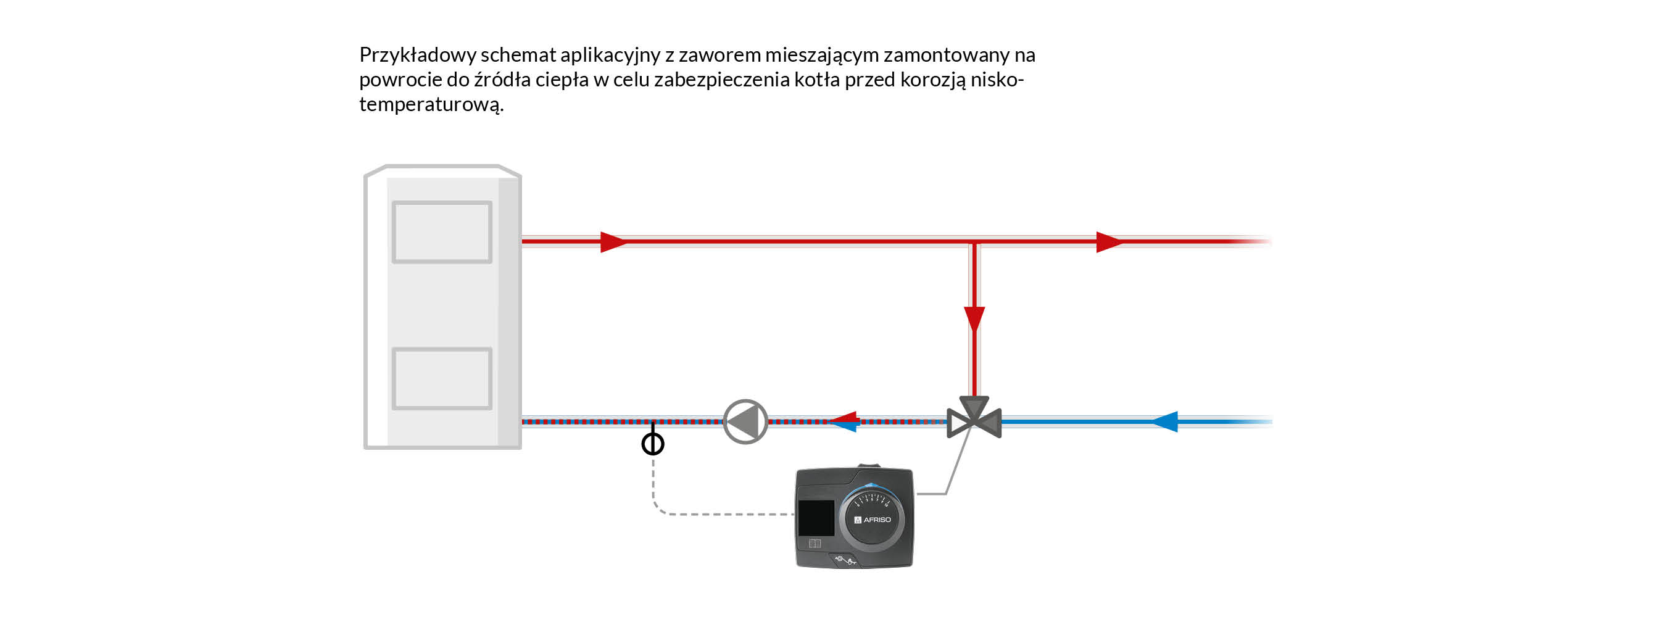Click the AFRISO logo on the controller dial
pos(873,520)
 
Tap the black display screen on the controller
pos(816,518)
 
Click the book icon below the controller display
pos(815,544)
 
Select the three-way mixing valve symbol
pos(974,419)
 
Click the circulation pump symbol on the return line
pos(745,421)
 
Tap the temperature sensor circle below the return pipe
pos(653,444)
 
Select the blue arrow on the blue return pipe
pos(1165,421)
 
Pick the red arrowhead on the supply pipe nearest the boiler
pos(612,242)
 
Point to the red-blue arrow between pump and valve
pos(845,421)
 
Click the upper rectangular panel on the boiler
pos(442,232)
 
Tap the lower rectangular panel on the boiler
pos(442,379)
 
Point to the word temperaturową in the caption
pos(431,104)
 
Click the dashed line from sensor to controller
pos(713,514)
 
